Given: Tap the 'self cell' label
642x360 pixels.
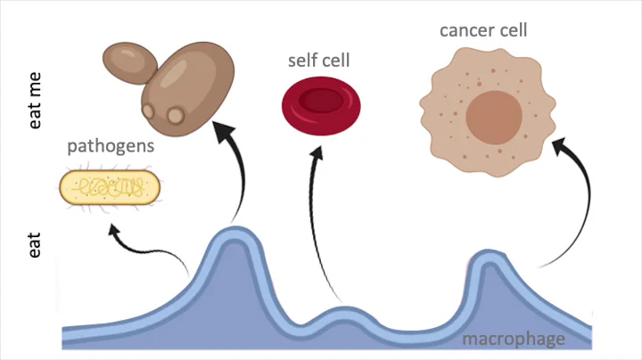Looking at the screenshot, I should [318, 61].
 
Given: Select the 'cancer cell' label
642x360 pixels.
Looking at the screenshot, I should [483, 30].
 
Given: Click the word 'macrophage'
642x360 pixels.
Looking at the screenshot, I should [513, 339].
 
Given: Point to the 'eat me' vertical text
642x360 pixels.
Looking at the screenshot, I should [36, 102].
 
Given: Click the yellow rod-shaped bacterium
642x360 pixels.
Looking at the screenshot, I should [110, 187].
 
